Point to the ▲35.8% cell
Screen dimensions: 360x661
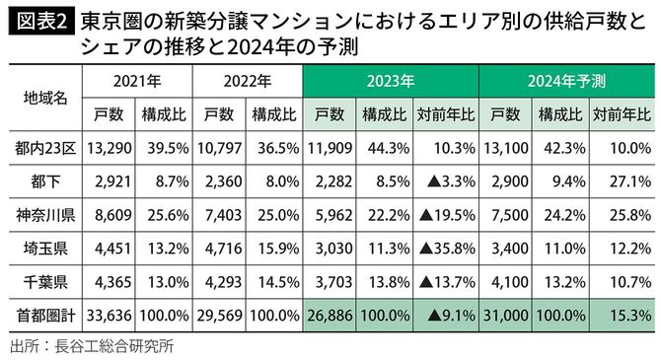pyautogui.click(x=444, y=247)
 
